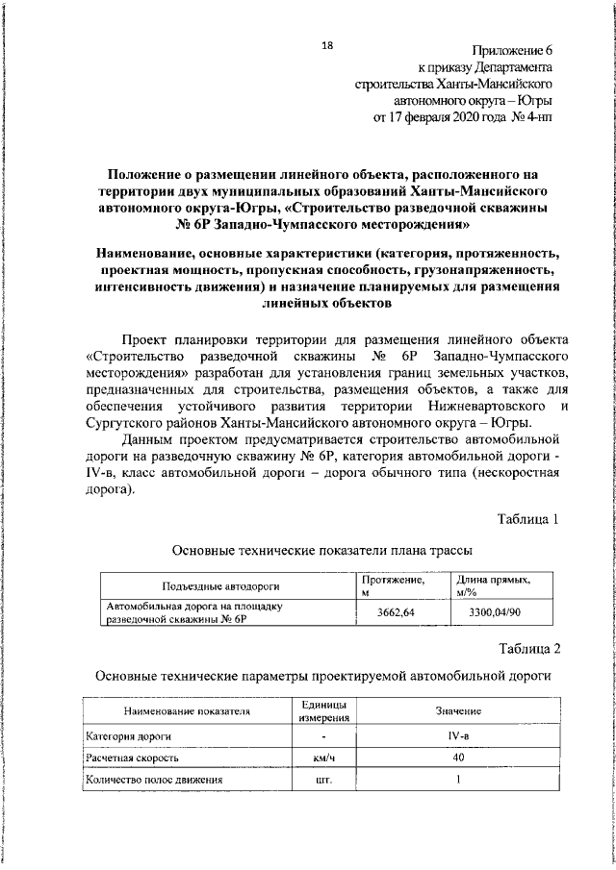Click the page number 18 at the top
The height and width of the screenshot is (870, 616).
pos(327,45)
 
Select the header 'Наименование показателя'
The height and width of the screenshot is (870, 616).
pos(186,711)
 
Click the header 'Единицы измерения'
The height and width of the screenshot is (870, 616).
pos(322,711)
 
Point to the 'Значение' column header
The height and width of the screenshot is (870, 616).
pos(457,711)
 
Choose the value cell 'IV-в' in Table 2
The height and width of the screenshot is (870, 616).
pos(457,735)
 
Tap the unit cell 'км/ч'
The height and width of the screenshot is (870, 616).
pos(322,758)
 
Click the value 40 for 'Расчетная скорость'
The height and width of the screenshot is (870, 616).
pos(457,758)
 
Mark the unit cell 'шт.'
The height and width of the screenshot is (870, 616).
pos(322,780)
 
